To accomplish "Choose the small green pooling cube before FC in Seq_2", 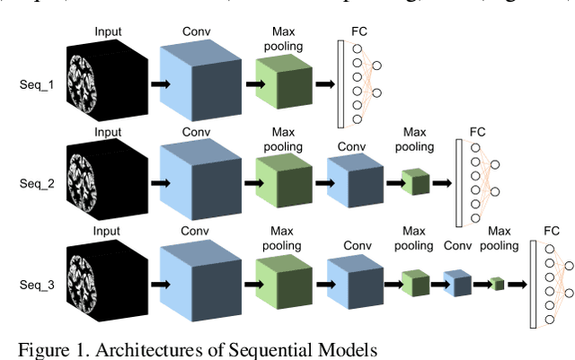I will [415, 183].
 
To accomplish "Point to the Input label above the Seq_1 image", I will [108, 31].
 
